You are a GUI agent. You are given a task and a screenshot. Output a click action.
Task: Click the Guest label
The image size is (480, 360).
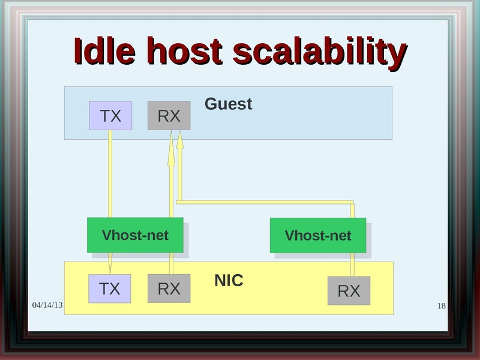click(228, 104)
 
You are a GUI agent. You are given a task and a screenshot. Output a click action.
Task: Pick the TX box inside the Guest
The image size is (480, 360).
click(110, 116)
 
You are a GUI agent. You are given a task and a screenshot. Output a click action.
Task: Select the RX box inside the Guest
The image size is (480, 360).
click(169, 116)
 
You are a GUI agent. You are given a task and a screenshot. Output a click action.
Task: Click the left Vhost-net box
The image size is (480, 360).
click(135, 235)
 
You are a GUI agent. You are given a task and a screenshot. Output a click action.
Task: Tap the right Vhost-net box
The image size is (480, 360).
click(317, 235)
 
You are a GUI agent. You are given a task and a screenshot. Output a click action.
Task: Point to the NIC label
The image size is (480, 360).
click(229, 281)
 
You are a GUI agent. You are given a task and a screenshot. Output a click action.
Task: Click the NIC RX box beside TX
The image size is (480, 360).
click(169, 289)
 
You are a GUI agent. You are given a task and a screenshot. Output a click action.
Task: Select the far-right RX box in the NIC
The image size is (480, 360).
click(349, 291)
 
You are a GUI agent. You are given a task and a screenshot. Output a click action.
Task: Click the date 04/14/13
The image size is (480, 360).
click(47, 305)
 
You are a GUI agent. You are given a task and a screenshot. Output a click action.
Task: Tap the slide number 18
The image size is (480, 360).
click(442, 307)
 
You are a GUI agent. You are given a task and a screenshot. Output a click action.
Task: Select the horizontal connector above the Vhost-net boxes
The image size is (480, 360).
click(264, 202)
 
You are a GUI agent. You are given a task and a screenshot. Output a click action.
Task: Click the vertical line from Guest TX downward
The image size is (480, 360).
click(110, 174)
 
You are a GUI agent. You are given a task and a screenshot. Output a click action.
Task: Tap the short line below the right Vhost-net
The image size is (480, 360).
click(353, 263)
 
